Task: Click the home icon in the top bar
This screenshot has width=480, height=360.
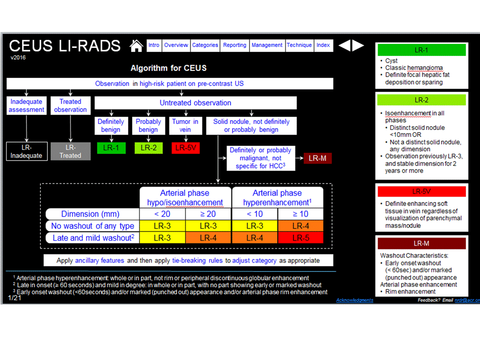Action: (x=136, y=45)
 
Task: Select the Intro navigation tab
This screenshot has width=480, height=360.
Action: (x=154, y=45)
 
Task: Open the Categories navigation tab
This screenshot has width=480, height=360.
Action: (x=205, y=45)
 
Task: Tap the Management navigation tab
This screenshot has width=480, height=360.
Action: (x=267, y=45)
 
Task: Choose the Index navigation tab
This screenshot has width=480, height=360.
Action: (x=323, y=45)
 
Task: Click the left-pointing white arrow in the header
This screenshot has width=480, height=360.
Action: (x=344, y=45)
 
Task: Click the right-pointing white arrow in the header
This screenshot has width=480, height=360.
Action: (x=358, y=45)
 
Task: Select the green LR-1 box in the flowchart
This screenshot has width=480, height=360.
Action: (x=110, y=147)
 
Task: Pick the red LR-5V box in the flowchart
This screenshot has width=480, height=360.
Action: (x=185, y=147)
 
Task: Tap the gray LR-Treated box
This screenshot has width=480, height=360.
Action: (x=70, y=151)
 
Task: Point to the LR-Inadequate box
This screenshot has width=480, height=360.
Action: (x=27, y=151)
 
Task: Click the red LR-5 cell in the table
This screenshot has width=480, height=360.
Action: (x=300, y=238)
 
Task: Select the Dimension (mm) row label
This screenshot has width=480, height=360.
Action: (x=90, y=214)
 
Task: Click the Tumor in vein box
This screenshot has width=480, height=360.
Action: (x=185, y=125)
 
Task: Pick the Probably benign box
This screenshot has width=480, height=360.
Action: (x=148, y=125)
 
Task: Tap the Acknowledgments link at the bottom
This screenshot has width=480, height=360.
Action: (x=354, y=300)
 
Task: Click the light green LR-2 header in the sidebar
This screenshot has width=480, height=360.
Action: (x=421, y=99)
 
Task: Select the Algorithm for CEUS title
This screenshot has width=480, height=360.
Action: (x=168, y=68)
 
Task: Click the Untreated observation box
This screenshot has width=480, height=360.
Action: (x=195, y=103)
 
